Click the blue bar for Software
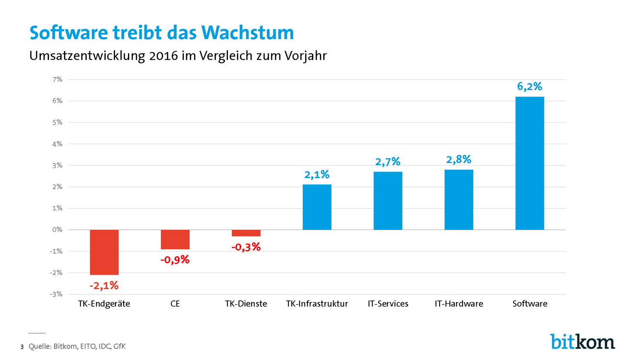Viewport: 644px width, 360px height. (x=529, y=163)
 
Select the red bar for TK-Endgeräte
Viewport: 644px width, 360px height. (x=104, y=252)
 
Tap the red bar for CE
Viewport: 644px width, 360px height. (x=175, y=239)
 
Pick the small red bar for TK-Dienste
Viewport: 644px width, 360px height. (x=246, y=233)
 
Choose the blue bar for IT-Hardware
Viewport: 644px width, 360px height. (x=459, y=200)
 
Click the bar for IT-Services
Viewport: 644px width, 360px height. (x=388, y=201)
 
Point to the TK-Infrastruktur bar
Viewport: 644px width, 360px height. (x=317, y=207)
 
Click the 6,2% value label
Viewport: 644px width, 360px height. (x=529, y=87)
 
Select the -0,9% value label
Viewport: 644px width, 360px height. (x=175, y=260)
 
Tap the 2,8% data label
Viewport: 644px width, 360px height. (x=459, y=160)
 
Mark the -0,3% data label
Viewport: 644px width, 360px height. (x=246, y=247)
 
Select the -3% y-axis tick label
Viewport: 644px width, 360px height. (x=56, y=294)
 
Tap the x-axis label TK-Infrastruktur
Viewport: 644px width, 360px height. (x=317, y=304)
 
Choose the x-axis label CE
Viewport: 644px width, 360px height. (x=175, y=304)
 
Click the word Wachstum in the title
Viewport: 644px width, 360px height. (x=248, y=33)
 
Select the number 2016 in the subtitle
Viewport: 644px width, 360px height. (x=164, y=56)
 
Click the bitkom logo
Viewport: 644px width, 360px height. (x=583, y=342)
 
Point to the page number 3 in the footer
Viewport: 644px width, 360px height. (x=22, y=347)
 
